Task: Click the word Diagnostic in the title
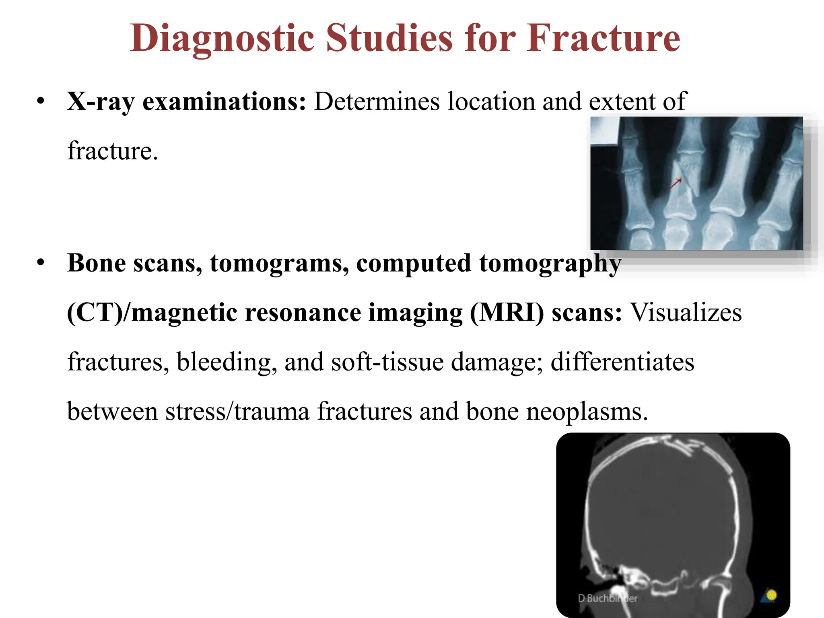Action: [x=222, y=39]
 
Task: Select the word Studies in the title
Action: [x=389, y=39]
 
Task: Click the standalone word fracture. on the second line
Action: [x=113, y=151]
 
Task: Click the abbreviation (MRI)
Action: [x=507, y=313]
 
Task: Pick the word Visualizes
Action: [x=685, y=313]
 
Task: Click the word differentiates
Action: [x=622, y=362]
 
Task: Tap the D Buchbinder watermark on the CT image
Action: [x=608, y=598]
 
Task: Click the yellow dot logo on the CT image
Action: [x=771, y=595]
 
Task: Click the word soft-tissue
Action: [x=387, y=362]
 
